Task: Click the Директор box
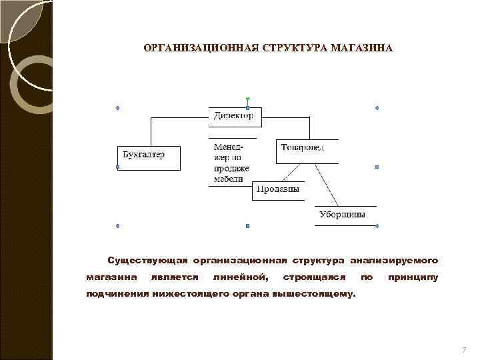(x=235, y=117)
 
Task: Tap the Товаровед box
(x=306, y=151)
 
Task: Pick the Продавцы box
(x=278, y=190)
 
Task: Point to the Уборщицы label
(x=342, y=215)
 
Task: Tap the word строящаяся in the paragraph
(x=315, y=276)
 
